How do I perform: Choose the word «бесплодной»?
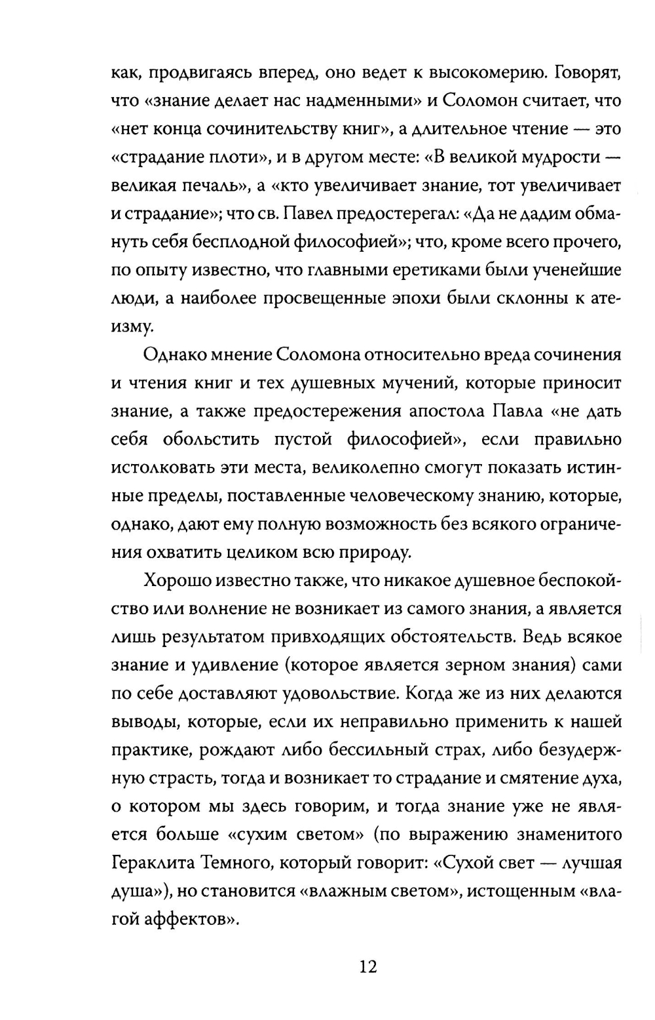(238, 243)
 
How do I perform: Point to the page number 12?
(368, 967)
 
